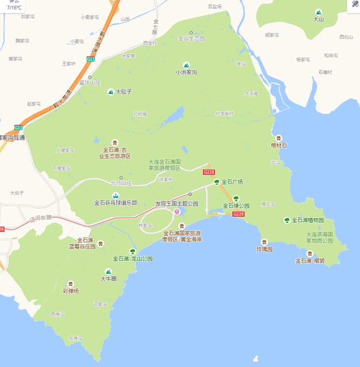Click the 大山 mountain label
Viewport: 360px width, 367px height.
[318, 19]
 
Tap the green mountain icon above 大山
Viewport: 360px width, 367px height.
[318, 11]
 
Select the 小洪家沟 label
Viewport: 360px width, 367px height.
[186, 72]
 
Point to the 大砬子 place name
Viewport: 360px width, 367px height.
[124, 91]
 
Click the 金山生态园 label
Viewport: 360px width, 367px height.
[191, 38]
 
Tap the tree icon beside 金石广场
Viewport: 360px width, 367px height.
[217, 182]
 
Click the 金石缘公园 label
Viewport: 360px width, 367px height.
[236, 205]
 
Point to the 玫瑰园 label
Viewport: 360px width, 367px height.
[264, 249]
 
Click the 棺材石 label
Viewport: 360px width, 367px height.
[279, 145]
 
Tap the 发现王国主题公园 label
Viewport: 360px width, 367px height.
[177, 204]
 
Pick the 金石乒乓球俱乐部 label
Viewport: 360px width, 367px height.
[115, 203]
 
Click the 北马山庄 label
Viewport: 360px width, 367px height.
[121, 183]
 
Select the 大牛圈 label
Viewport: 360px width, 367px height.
[109, 279]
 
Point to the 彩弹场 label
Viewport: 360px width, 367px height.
[70, 291]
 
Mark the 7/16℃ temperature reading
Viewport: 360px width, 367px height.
[15, 8]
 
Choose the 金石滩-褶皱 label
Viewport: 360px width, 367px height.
[310, 261]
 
